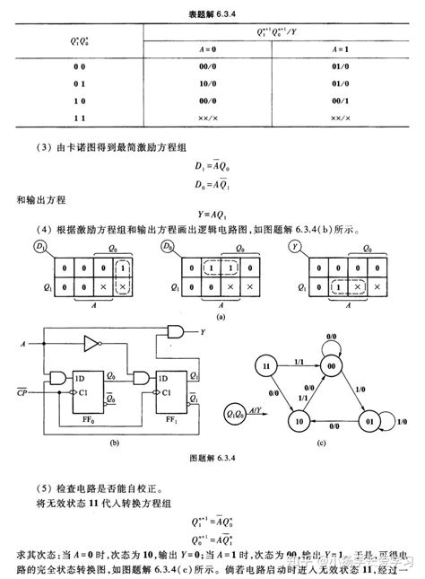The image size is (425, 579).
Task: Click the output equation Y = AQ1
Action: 214,213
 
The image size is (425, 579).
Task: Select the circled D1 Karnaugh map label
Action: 41,245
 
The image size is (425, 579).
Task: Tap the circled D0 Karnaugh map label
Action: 169,245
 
